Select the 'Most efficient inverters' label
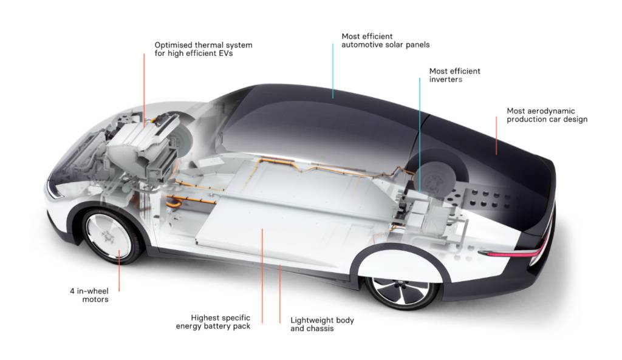(454, 75)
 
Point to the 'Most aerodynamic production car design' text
(547, 115)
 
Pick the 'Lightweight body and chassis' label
(322, 324)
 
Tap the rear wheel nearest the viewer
(402, 290)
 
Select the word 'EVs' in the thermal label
(224, 53)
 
